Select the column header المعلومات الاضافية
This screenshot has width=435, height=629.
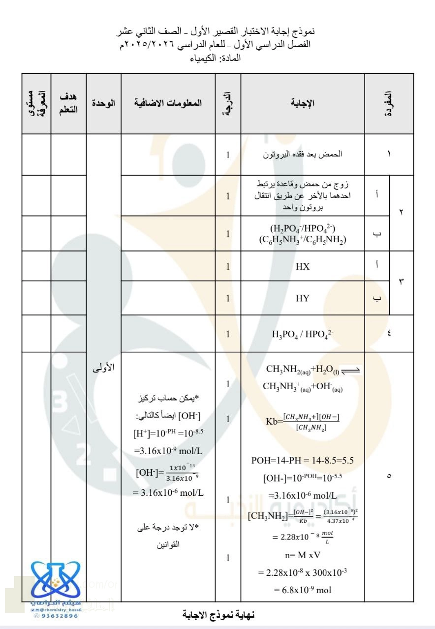point(168,103)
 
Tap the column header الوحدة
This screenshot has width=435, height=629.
point(103,103)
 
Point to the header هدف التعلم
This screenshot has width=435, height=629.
point(68,103)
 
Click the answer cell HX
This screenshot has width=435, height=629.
point(303,266)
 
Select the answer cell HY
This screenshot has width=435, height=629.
point(303,298)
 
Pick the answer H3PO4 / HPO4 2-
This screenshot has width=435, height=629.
point(302,334)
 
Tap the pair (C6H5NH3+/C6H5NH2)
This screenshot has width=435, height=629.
point(302,239)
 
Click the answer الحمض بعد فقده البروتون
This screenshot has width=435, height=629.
point(302,154)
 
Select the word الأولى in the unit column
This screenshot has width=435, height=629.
point(103,367)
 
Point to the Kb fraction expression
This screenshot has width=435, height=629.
point(302,422)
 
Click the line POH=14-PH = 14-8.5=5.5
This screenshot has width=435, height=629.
point(302,460)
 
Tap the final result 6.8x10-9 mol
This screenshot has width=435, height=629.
point(302,590)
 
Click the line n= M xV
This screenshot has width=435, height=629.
point(302,556)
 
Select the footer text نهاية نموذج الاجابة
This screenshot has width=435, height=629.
point(218,614)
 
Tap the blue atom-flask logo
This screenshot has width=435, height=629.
point(55,580)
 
